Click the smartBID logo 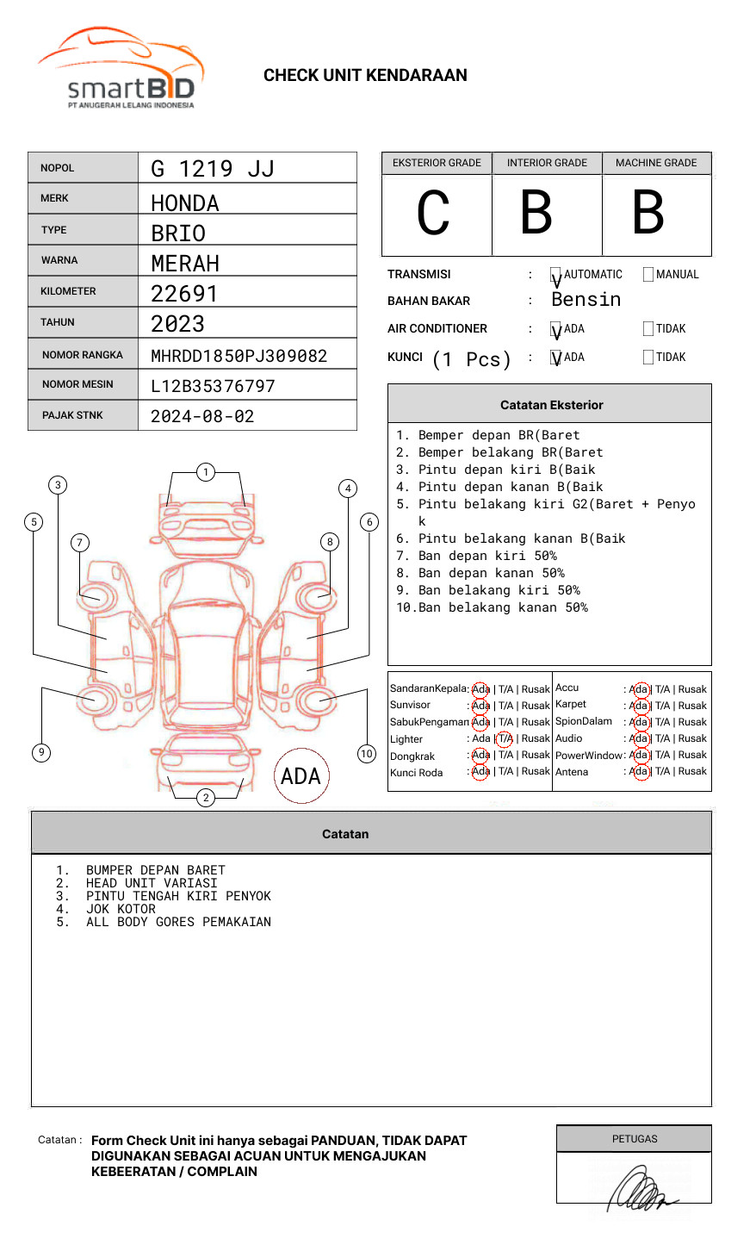coord(121,69)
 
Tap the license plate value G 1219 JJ coord(212,169)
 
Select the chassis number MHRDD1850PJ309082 coord(239,356)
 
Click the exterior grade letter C coord(433,214)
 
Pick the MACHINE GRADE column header coord(656,163)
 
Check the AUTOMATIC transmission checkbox coord(556,276)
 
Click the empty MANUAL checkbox coord(648,275)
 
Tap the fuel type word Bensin coord(586,300)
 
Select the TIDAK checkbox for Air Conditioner coord(648,329)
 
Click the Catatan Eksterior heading coord(551,405)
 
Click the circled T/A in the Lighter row coord(505,738)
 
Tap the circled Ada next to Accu coord(639,689)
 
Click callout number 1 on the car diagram coord(205,472)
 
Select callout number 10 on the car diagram coord(367,754)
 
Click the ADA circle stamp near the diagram coord(301,776)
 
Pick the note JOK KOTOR coord(121,909)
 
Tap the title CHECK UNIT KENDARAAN coord(365,76)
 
